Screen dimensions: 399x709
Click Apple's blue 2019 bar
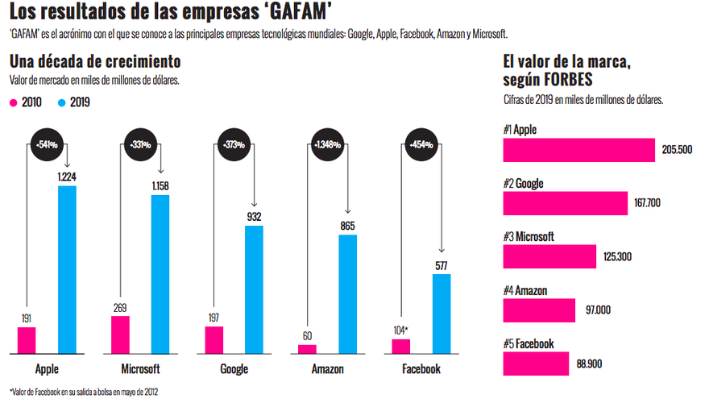(x=68, y=269)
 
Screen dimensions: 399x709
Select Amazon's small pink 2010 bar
(x=307, y=349)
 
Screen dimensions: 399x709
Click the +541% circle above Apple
(x=46, y=145)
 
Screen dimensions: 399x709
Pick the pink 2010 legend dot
(x=14, y=102)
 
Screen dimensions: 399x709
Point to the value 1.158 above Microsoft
(x=160, y=186)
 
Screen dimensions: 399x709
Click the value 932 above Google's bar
(x=254, y=216)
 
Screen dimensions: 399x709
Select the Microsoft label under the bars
(x=140, y=369)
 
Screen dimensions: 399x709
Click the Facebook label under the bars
(x=421, y=369)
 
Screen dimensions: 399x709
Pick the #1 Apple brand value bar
(x=578, y=150)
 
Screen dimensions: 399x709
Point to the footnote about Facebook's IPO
(x=85, y=392)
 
